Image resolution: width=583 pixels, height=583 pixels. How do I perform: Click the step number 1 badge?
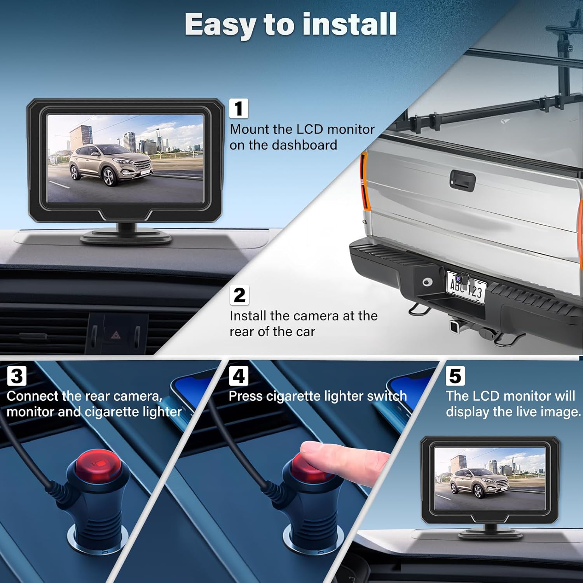[239, 108]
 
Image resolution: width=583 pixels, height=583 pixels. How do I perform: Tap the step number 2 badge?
[239, 295]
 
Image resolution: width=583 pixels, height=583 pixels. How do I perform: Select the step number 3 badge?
[17, 376]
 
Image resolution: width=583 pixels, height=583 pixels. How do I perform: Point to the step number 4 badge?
[239, 376]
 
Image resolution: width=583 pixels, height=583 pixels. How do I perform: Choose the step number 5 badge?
[455, 376]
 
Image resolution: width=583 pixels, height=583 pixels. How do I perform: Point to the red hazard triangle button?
[115, 334]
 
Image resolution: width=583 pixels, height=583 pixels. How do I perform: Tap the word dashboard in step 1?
[304, 145]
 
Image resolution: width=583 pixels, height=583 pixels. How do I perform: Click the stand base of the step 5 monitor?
[490, 533]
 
